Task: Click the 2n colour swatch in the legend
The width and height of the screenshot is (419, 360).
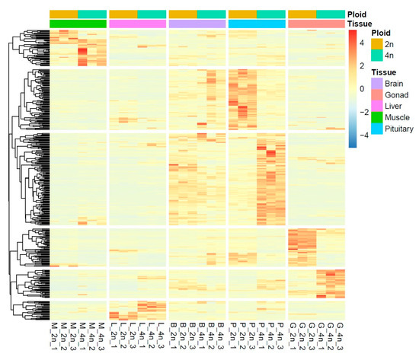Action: (x=376, y=45)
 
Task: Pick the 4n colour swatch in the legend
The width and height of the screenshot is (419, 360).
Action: (x=376, y=56)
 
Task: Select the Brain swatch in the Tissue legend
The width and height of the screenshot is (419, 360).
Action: (x=376, y=82)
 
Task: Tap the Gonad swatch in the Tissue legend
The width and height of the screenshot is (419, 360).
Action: (x=376, y=94)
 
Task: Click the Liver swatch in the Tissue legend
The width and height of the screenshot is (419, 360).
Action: (x=376, y=106)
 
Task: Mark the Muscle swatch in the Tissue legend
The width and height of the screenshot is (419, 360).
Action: (x=376, y=117)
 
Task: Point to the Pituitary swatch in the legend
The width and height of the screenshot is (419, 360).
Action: (x=376, y=129)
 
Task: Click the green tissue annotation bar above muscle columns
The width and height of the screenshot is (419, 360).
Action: (x=78, y=24)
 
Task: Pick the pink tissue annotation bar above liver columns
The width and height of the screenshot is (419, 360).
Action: (x=137, y=24)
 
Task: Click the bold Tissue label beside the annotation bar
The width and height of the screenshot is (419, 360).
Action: (x=360, y=24)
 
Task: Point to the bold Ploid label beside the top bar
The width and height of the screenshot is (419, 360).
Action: (x=357, y=14)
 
